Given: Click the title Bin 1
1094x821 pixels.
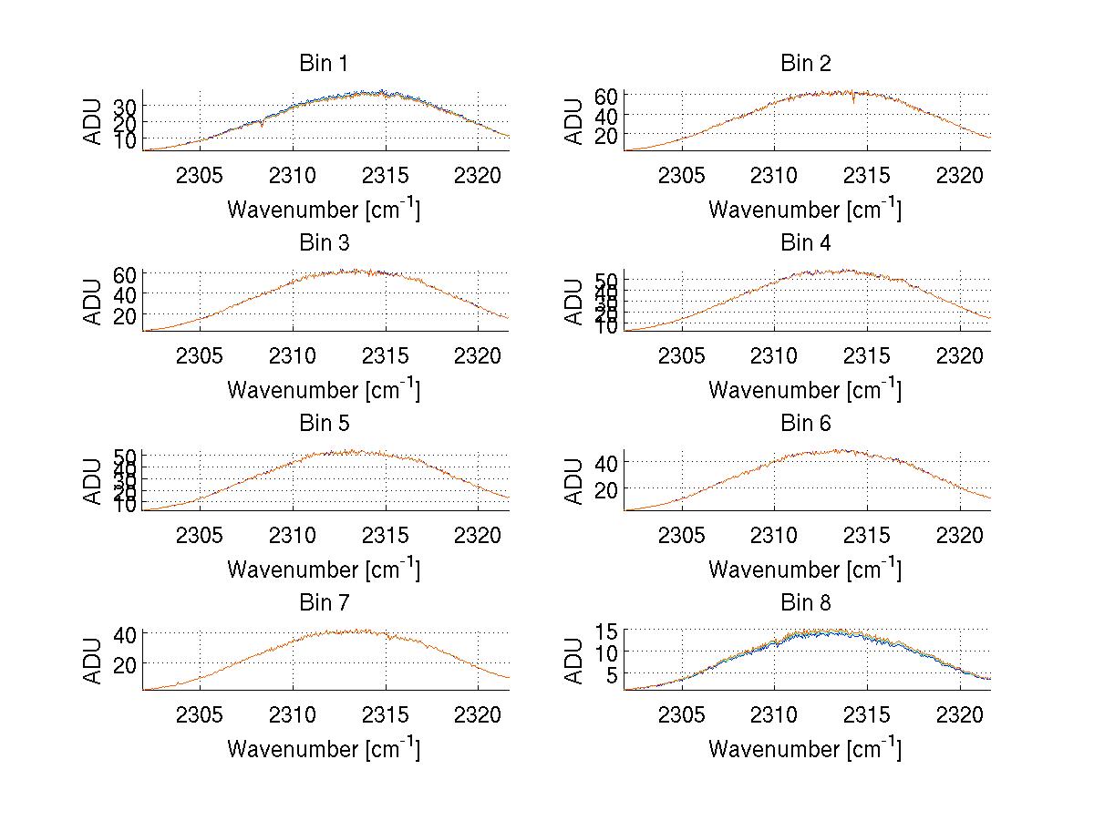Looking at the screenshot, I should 324,64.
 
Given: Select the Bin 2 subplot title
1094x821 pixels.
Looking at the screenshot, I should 805,64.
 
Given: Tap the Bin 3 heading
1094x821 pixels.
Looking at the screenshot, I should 324,243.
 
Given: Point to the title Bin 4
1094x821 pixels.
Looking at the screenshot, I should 805,243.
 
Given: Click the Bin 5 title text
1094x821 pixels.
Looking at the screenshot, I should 324,424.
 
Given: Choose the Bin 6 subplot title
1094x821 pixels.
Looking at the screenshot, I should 805,424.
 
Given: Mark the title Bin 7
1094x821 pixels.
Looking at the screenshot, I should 324,603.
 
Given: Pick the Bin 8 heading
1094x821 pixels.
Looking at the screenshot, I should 805,603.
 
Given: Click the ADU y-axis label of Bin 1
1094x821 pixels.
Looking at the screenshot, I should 94,121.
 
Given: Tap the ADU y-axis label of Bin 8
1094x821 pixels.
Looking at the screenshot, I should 575,661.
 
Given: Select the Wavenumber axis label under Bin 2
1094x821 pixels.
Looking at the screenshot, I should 805,210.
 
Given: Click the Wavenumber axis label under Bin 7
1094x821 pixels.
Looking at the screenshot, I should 324,749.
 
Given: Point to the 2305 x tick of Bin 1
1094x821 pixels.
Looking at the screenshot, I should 200,174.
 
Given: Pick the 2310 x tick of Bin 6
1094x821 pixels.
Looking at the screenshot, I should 774,534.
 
